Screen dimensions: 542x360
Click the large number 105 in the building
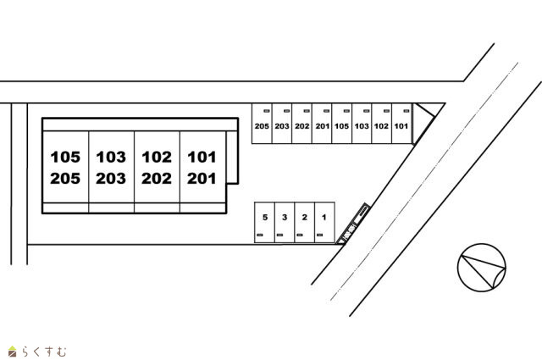pos(65,157)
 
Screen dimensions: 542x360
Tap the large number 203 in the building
pos(111,179)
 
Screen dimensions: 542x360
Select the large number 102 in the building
pos(157,157)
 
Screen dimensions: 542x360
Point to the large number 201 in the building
pos(202,179)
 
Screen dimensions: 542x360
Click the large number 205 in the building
pos(65,179)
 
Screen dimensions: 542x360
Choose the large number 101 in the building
pos(202,157)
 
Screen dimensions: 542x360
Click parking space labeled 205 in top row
pos(262,124)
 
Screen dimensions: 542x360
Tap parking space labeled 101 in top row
pos(401,124)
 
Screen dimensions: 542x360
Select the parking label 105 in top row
pos(341,126)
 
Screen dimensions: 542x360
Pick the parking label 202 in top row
pos(302,126)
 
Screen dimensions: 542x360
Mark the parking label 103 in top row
pos(362,126)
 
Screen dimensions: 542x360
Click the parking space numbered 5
pos(265,223)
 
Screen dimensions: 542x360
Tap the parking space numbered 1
pos(324,223)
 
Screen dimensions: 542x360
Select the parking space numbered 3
pos(285,223)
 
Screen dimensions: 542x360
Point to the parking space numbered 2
pos(305,223)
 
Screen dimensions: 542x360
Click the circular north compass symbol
pos(482,268)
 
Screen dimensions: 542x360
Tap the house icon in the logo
pos(13,351)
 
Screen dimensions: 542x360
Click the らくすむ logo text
pos(44,352)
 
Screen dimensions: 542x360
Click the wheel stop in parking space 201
pos(327,111)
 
